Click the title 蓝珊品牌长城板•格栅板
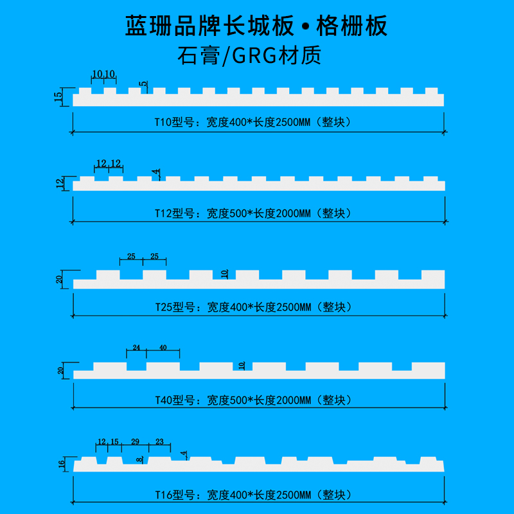point(257,27)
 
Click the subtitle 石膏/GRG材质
point(257,56)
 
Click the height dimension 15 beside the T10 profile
point(58,98)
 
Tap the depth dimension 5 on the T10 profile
point(144,84)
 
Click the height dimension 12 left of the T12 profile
point(60,184)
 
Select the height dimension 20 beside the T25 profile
point(59,280)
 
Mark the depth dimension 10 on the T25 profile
point(224,274)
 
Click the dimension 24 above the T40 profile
point(136,348)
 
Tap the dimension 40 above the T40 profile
point(163,348)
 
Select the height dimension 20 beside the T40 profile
point(60,371)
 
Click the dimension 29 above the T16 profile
point(134,441)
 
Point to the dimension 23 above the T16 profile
point(160,441)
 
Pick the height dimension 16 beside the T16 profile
point(61,464)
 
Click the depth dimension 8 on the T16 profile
point(139,459)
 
